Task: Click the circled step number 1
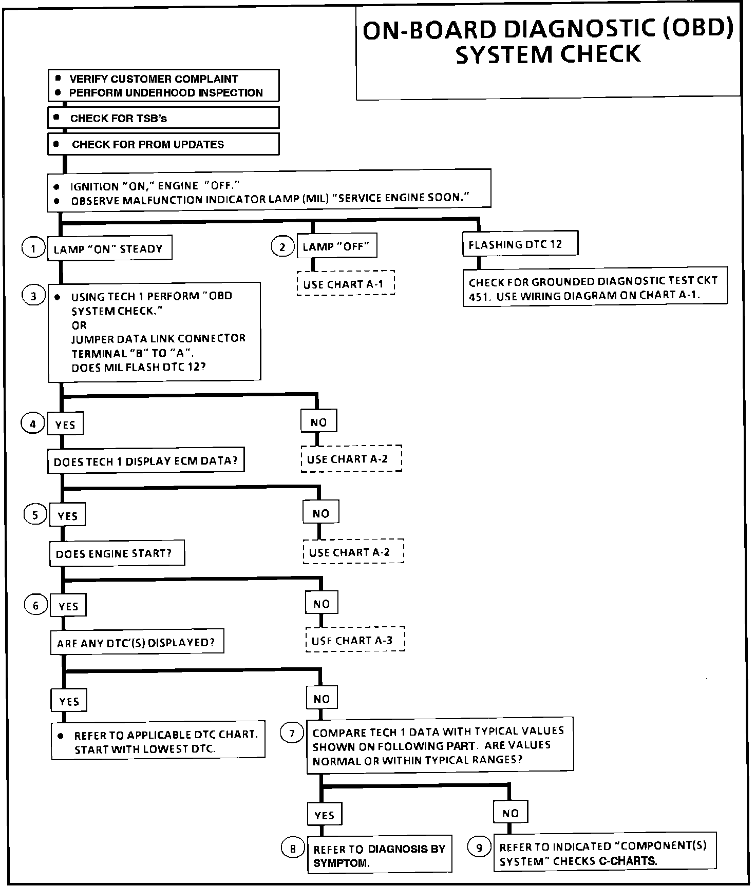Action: tap(33, 248)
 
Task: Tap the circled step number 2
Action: tap(282, 247)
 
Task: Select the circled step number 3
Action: tap(34, 296)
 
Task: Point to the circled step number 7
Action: tap(292, 733)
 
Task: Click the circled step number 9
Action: tap(479, 847)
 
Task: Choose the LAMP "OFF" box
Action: tap(337, 246)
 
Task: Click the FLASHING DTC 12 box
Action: tap(520, 244)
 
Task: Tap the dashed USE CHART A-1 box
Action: tap(346, 283)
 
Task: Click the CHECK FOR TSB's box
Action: tap(163, 118)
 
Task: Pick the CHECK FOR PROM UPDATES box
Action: tap(163, 144)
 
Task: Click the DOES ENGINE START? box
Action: tap(117, 553)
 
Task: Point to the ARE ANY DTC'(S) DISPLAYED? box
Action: tap(137, 642)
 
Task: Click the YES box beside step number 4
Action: tap(65, 425)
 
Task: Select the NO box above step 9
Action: tap(511, 813)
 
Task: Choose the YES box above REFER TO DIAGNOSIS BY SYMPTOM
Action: tap(325, 815)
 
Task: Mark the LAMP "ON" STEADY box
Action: tap(109, 248)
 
